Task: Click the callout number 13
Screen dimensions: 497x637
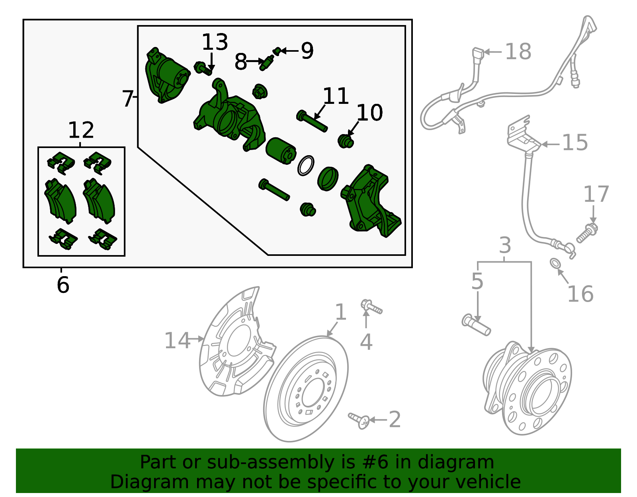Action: pyautogui.click(x=215, y=42)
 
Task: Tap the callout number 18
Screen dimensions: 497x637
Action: pyautogui.click(x=518, y=52)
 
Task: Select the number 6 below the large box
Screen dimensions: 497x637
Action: pyautogui.click(x=63, y=285)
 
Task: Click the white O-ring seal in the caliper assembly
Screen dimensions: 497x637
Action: pyautogui.click(x=306, y=166)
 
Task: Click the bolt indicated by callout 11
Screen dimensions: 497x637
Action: pyautogui.click(x=312, y=121)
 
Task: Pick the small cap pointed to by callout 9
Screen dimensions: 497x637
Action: pyautogui.click(x=277, y=51)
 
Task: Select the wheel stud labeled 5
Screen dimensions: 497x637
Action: pyautogui.click(x=476, y=324)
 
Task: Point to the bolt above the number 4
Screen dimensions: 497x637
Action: pyautogui.click(x=371, y=307)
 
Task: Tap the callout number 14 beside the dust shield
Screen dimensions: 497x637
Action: pyautogui.click(x=177, y=341)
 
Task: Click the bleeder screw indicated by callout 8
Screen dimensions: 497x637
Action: pyautogui.click(x=266, y=63)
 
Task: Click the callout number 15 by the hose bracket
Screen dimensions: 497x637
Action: pyautogui.click(x=574, y=142)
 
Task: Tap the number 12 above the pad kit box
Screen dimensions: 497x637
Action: pyautogui.click(x=81, y=130)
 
